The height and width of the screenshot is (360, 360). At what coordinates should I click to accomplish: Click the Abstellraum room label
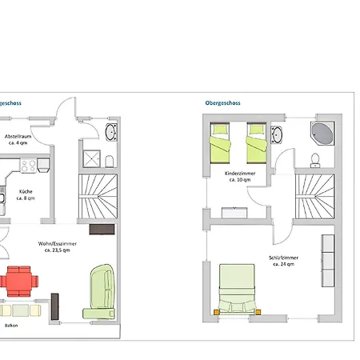coord(19,138)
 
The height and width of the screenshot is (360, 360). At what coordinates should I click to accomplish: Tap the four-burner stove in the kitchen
coord(28,166)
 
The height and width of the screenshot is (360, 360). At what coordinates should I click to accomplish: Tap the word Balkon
coord(10,326)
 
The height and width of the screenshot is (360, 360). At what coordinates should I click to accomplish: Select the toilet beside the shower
coord(111,159)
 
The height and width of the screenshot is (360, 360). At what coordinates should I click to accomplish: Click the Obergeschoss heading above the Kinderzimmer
coord(222,103)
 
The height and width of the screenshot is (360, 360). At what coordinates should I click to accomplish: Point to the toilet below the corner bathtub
coord(314,157)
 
